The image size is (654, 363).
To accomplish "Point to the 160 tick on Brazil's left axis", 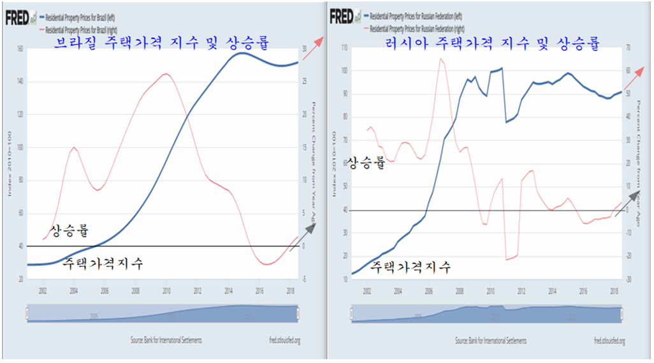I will pos(19,49).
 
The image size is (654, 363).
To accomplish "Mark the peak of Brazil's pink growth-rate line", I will pos(166,74).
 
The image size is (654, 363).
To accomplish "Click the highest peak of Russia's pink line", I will pos(440,59).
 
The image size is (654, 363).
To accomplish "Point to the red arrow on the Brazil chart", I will pos(313,48).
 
